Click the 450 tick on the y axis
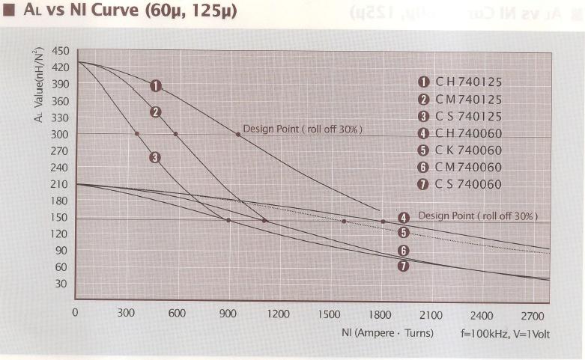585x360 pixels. pos(61,51)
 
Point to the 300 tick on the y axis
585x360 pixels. pos(61,135)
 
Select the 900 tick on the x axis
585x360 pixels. pos(228,314)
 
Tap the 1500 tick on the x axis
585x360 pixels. pos(330,314)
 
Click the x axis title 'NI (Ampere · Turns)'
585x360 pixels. pos(383,334)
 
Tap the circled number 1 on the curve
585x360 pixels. pos(156,85)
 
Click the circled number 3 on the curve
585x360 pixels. pos(155,157)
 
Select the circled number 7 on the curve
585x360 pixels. pos(403,266)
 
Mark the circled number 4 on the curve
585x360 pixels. pos(403,219)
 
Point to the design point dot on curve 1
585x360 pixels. pos(238,134)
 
